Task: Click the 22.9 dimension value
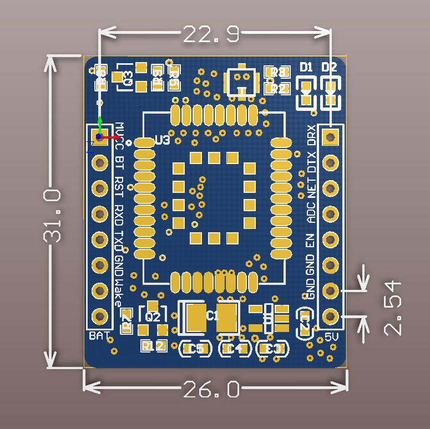pos(211,34)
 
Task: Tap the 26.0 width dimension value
pos(211,389)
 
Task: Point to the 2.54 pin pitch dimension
pos(392,308)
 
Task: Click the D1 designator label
pos(306,67)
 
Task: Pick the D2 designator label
pos(330,67)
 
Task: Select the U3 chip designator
pos(163,141)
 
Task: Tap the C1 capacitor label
pos(212,316)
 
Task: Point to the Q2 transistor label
pos(153,317)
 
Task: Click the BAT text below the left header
pos(99,336)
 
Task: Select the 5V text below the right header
pos(331,336)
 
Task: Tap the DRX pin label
pos(312,135)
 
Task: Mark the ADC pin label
pos(312,212)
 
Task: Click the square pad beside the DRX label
pos(331,136)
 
